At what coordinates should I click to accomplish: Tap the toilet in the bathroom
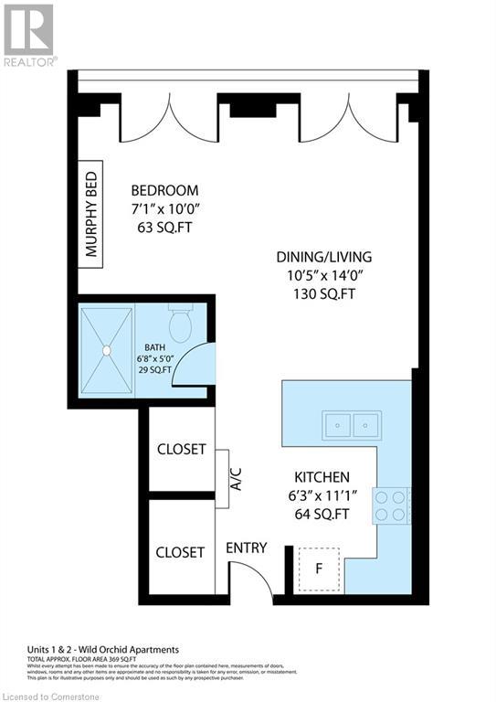pos(181,324)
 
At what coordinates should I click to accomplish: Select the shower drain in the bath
pos(107,348)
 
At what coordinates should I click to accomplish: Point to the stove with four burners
pos(391,505)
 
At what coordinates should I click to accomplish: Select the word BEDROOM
pos(164,190)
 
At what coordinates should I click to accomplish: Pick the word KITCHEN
pos(322,477)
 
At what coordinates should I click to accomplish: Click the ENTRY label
pos(246,548)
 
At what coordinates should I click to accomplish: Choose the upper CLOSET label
pos(181,450)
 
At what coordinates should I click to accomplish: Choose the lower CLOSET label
pos(180,552)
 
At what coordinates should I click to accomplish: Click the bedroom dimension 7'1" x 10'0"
pos(164,209)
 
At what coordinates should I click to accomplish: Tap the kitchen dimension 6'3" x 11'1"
pos(322,495)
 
